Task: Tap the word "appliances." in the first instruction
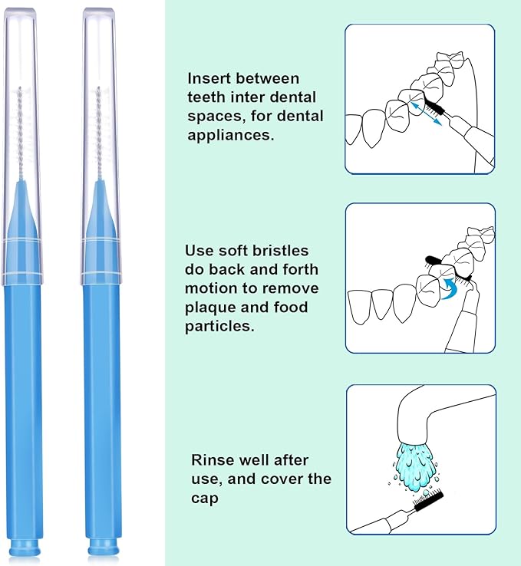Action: (228, 134)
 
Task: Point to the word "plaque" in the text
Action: (212, 308)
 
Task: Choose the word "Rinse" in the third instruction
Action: (212, 460)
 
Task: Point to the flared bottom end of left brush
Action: (25, 548)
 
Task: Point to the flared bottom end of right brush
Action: (101, 548)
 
